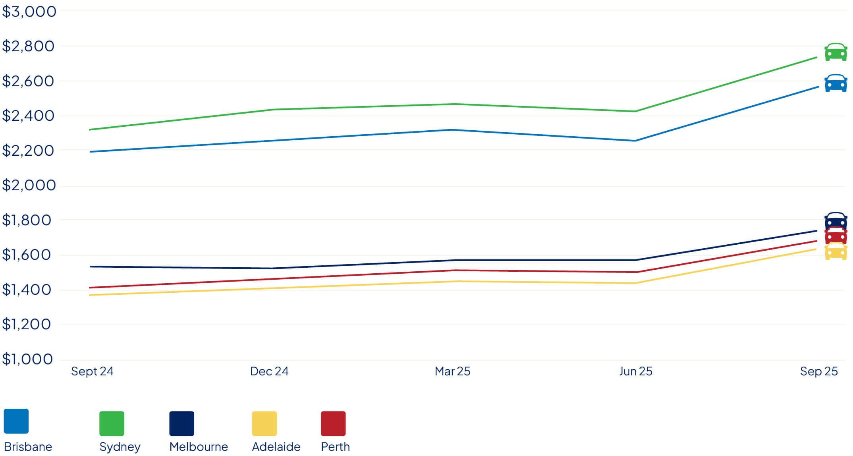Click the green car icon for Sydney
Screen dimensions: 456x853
coord(836,52)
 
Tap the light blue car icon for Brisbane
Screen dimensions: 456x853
coord(836,83)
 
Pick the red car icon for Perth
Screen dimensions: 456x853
coord(836,236)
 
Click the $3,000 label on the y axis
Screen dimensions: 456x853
coord(29,12)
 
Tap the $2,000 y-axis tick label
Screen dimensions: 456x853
coord(29,185)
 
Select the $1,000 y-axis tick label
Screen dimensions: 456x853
coord(27,359)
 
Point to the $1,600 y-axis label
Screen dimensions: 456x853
coord(27,255)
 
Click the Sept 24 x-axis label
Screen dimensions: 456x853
coord(92,371)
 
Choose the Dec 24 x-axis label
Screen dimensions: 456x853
coord(269,371)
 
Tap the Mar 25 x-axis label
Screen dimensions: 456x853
coord(452,371)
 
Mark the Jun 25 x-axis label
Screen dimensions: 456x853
coord(635,371)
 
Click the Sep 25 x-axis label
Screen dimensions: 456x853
coord(819,371)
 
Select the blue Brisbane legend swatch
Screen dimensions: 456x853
coord(16,421)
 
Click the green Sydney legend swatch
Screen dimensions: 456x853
coord(112,423)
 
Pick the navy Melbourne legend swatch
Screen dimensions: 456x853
coord(182,423)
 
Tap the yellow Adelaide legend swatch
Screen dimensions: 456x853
coord(264,423)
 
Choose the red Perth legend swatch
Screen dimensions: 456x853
coord(333,423)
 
